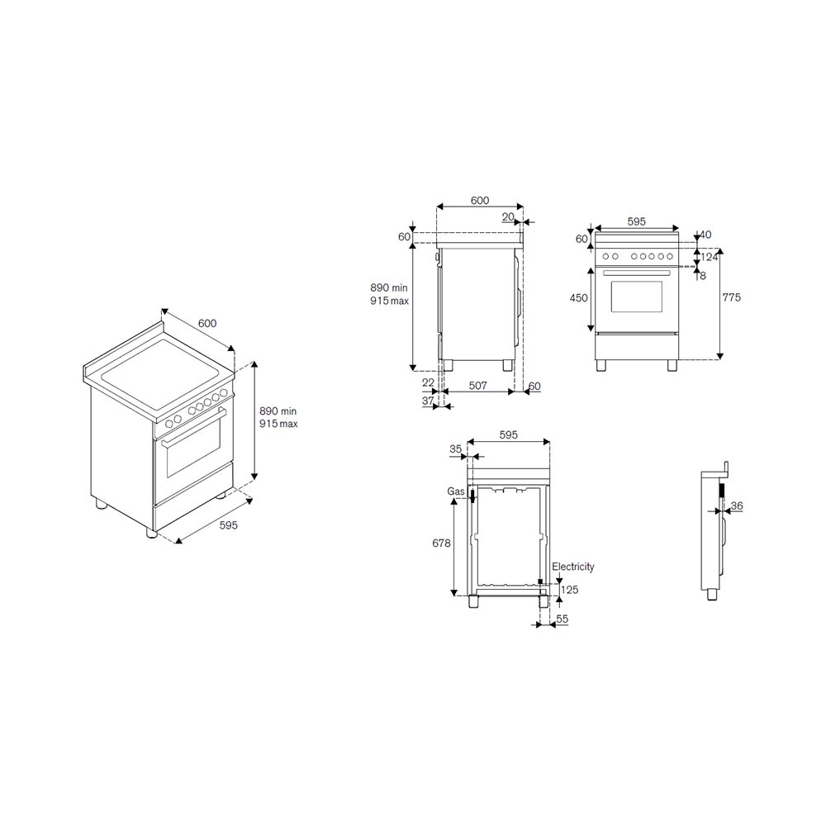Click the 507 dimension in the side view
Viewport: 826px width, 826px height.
477,386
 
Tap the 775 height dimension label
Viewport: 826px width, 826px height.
731,297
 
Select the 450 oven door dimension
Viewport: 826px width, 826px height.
578,298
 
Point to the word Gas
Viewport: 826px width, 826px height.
456,491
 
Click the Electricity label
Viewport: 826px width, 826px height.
573,567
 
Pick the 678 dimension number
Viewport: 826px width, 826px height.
441,543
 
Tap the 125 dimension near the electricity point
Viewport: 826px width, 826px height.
569,590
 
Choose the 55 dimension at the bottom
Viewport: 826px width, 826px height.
562,619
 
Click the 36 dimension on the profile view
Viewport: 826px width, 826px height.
737,506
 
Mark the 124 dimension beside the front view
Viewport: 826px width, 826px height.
709,258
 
